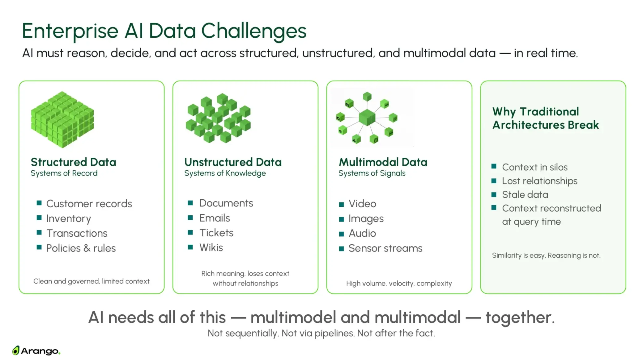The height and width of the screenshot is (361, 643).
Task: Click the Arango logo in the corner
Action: point(36,351)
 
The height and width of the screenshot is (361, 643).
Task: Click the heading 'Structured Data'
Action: point(73,162)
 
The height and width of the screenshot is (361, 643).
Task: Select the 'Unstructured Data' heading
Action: point(233,162)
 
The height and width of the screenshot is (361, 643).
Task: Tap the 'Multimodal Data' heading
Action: point(383,162)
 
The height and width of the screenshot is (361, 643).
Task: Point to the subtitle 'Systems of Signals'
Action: point(372,173)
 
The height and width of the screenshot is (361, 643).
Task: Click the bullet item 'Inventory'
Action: point(68,218)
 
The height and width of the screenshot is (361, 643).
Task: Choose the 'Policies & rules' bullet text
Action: point(81,248)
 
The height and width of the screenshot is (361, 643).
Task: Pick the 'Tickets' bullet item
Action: point(216,233)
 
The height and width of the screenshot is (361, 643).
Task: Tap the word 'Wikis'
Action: point(211,247)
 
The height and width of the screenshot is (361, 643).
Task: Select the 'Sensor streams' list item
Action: point(385,248)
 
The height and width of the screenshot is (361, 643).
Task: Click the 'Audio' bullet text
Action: point(362,233)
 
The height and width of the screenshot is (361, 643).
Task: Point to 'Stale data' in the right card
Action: point(525,194)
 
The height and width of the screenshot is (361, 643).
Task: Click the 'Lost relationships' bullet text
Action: point(539,181)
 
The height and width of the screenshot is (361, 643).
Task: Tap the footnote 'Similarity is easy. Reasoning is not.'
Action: point(546,255)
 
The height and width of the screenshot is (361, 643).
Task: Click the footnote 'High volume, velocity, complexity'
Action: point(399,283)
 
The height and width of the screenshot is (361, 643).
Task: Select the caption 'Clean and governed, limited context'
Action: point(91,281)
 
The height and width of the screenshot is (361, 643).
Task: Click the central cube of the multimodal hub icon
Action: point(367,118)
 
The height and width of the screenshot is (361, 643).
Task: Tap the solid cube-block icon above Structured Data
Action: point(62,119)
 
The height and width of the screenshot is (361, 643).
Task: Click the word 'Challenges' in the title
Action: point(253,31)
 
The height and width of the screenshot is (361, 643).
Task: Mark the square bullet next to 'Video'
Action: point(341,205)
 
